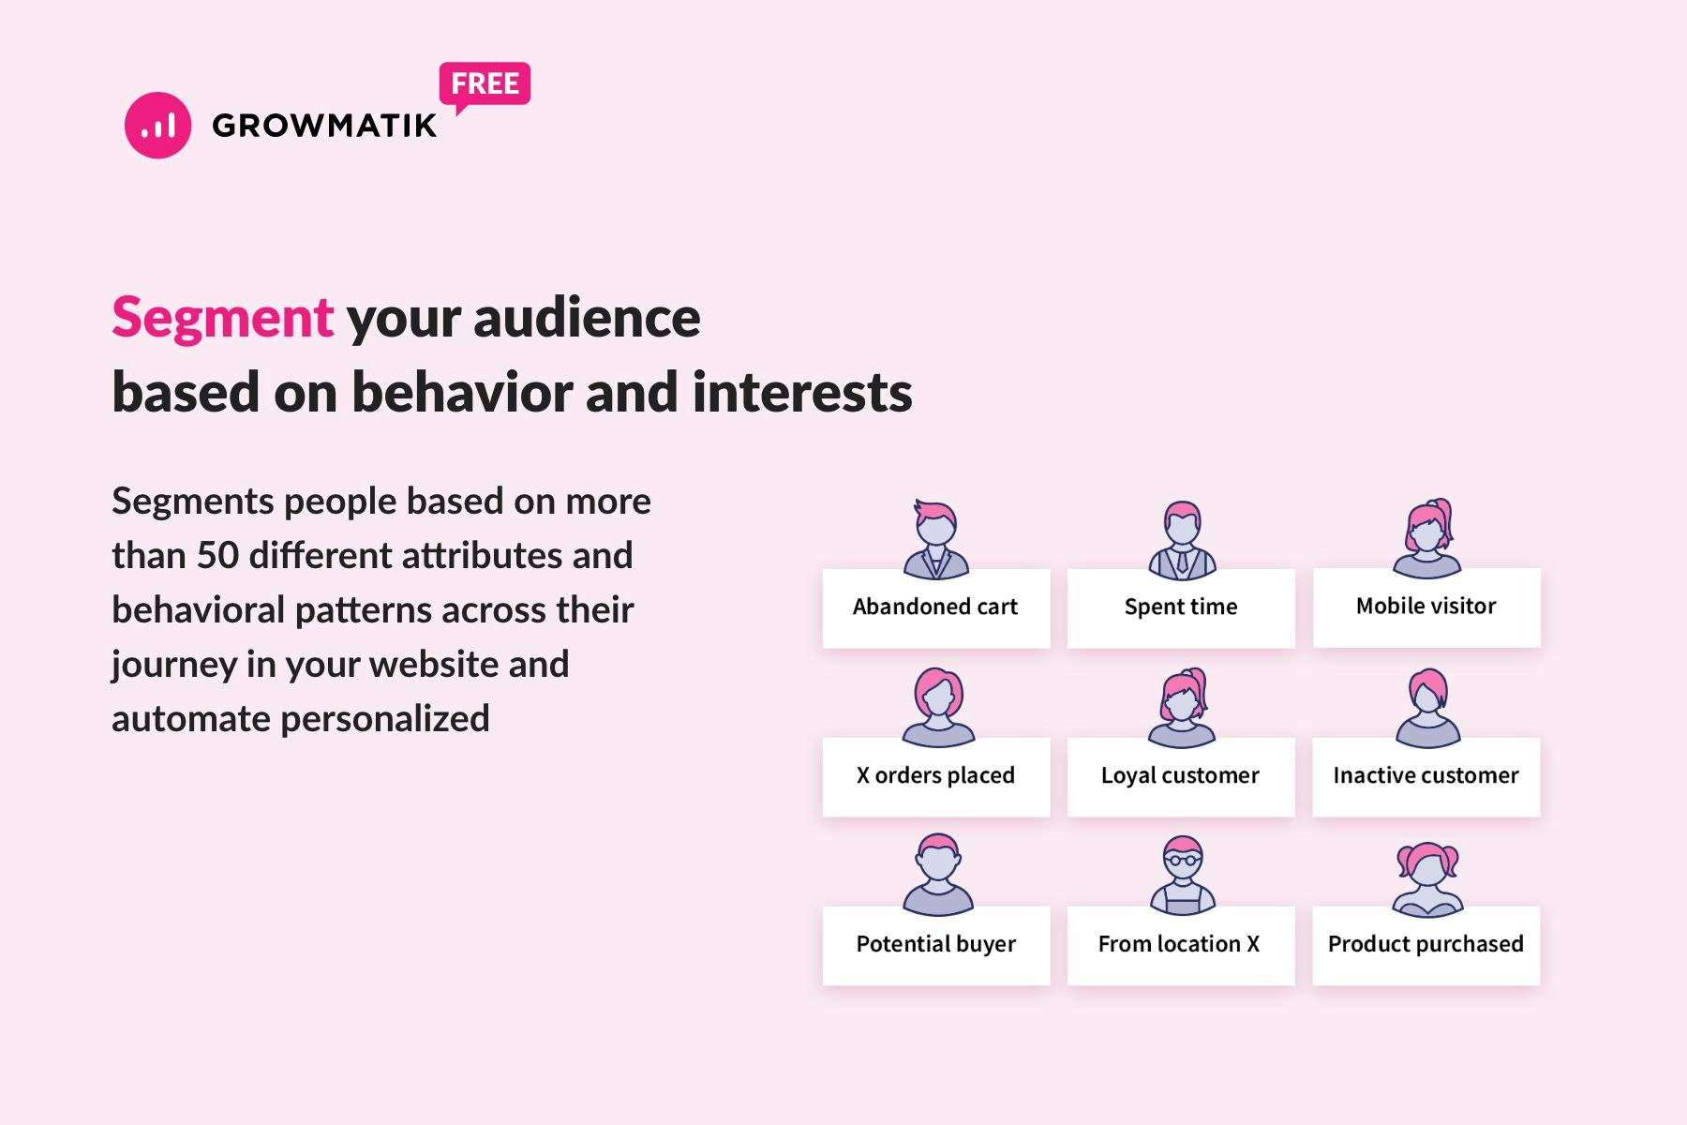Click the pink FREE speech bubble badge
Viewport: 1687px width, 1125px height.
point(485,84)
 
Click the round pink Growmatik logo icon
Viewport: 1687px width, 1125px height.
point(157,125)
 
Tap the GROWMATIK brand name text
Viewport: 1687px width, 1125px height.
point(324,126)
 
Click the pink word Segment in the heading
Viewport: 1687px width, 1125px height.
point(222,318)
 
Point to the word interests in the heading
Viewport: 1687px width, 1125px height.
point(802,392)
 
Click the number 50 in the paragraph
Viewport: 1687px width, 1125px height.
point(217,555)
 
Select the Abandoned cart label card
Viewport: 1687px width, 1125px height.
point(935,607)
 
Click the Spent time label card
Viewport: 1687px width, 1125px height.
point(1181,607)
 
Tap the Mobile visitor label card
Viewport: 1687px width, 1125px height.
point(1426,607)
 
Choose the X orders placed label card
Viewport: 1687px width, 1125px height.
point(935,776)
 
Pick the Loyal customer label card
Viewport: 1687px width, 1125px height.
point(1181,776)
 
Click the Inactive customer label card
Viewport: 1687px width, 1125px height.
point(1426,776)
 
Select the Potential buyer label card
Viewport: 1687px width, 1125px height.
point(935,944)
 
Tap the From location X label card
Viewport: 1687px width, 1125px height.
point(1181,944)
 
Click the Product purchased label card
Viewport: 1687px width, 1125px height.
point(1426,944)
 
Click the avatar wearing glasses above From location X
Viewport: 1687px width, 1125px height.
point(1183,874)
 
